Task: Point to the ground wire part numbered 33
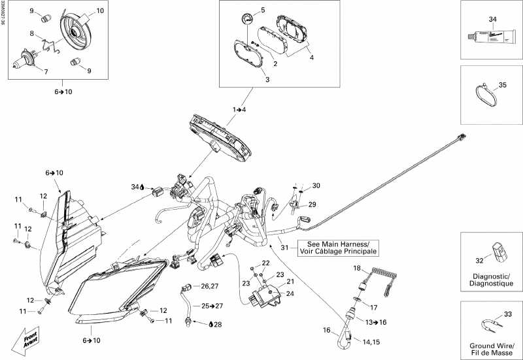[487, 322]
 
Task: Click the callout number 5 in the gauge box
[263, 10]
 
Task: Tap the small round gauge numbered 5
[246, 19]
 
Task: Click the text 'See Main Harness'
[337, 243]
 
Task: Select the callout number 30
[316, 186]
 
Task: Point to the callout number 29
[312, 205]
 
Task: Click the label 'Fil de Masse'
[490, 353]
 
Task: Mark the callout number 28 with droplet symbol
[217, 324]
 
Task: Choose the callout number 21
[290, 281]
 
